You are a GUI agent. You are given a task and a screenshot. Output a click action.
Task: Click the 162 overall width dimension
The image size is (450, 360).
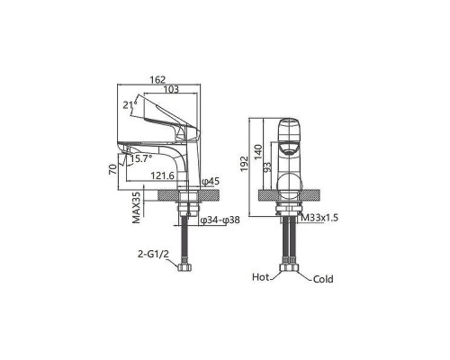pyautogui.click(x=157, y=80)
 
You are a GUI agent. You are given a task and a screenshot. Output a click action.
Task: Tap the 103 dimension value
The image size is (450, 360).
pyautogui.click(x=171, y=89)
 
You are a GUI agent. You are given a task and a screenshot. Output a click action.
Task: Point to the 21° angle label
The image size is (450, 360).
pyautogui.click(x=130, y=104)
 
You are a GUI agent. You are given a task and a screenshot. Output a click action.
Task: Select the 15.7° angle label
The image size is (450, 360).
pyautogui.click(x=140, y=158)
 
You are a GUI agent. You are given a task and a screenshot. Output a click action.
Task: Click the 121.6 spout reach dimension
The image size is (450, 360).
pyautogui.click(x=162, y=175)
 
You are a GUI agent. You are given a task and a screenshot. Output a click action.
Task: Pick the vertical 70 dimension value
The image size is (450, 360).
pyautogui.click(x=112, y=169)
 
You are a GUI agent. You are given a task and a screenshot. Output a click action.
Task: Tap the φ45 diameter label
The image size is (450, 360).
pyautogui.click(x=211, y=181)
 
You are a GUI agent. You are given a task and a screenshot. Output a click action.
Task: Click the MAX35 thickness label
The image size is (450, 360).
pyautogui.click(x=137, y=208)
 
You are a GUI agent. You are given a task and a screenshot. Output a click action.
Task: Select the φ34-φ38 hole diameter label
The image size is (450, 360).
pyautogui.click(x=220, y=220)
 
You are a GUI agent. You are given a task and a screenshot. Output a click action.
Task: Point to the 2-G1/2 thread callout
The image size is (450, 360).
pyautogui.click(x=153, y=255)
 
